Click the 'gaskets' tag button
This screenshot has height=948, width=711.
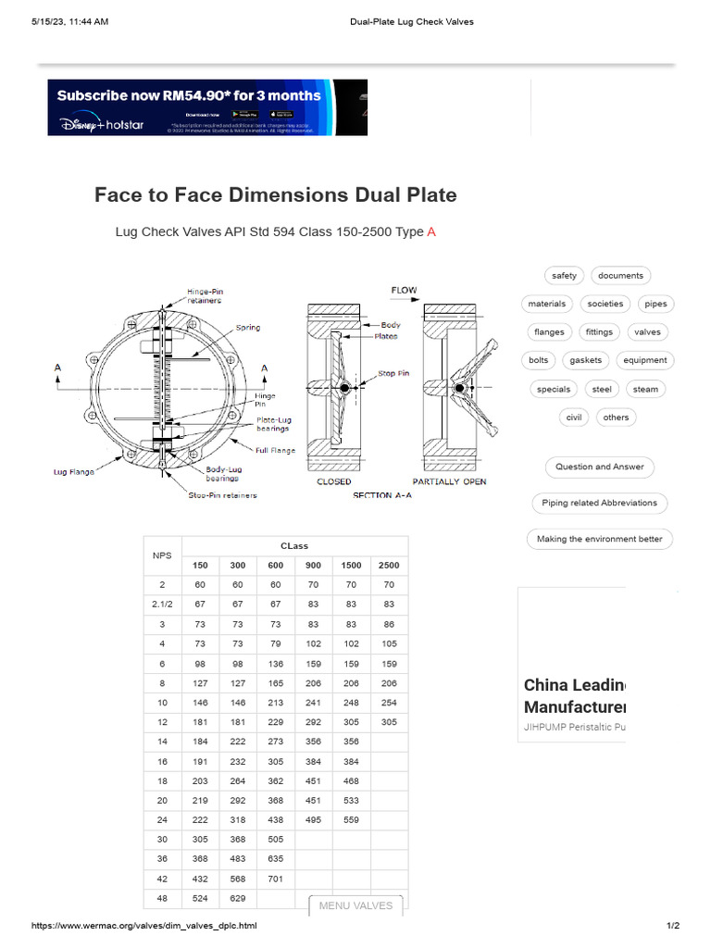pos(585,360)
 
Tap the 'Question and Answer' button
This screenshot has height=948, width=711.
pos(599,467)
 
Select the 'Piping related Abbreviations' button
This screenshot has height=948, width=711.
pos(599,503)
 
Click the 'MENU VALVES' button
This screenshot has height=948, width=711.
pos(355,905)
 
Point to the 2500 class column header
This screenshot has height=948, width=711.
pos(389,565)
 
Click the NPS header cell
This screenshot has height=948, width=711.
pos(162,555)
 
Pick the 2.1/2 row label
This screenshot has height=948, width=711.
pos(162,604)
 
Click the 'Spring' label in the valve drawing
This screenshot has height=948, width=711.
pos(248,328)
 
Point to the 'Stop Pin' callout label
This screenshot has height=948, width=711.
pos(393,374)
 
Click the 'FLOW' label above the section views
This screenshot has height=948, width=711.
pos(404,291)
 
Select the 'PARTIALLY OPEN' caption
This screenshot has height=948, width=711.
pos(449,481)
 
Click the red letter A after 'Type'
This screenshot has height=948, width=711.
pos(431,232)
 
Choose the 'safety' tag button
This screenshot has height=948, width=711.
pos(564,275)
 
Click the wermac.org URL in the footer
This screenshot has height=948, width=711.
pos(144,926)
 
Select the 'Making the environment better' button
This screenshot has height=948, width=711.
pos(599,539)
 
